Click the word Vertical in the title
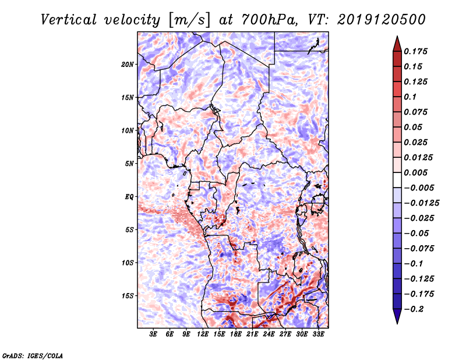(68, 20)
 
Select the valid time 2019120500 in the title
(382, 20)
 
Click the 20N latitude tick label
(128, 65)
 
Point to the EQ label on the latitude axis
(129, 197)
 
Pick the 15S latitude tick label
(128, 296)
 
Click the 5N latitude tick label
(129, 164)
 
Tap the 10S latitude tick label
(128, 263)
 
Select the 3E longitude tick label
(153, 334)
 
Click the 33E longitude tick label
(318, 334)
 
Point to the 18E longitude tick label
(236, 334)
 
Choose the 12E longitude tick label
(203, 334)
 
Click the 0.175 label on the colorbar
(415, 51)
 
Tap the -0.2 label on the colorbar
(414, 309)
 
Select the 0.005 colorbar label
(415, 172)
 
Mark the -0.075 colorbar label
(419, 249)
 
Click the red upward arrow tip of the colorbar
(397, 36)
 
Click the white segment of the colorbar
(397, 180)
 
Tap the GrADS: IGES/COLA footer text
(33, 356)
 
